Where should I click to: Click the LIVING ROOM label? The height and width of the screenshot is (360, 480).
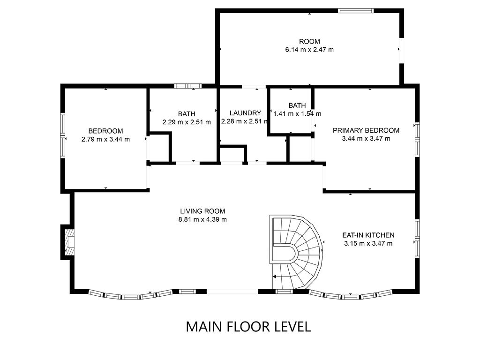click(202, 211)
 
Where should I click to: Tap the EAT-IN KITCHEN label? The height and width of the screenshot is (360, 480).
click(368, 235)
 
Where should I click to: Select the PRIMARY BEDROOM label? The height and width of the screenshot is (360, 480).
click(366, 130)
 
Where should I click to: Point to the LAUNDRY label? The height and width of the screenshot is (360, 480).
click(245, 113)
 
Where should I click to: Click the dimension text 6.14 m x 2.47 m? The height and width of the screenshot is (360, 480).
click(309, 50)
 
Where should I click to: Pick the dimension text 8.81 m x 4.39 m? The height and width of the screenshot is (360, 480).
click(202, 219)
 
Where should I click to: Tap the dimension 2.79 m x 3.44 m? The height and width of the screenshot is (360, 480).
click(105, 139)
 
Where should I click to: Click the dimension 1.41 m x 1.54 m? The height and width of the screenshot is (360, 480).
click(297, 114)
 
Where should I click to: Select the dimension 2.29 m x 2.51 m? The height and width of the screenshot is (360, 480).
click(187, 122)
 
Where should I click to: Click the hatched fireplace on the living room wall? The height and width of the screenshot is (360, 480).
click(70, 242)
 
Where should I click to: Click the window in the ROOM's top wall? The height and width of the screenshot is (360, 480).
click(356, 11)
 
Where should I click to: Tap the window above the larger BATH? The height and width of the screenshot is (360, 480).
click(187, 86)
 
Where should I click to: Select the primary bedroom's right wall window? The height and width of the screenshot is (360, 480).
click(417, 139)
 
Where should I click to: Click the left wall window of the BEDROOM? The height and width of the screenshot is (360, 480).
click(62, 135)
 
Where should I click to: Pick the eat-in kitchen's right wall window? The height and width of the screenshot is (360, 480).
click(417, 238)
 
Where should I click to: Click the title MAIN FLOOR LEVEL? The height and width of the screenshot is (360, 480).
click(248, 327)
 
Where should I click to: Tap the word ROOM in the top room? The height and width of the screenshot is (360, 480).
click(309, 41)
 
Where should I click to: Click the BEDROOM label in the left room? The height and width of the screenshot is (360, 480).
click(105, 131)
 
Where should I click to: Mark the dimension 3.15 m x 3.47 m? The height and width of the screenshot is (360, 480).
click(368, 243)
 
